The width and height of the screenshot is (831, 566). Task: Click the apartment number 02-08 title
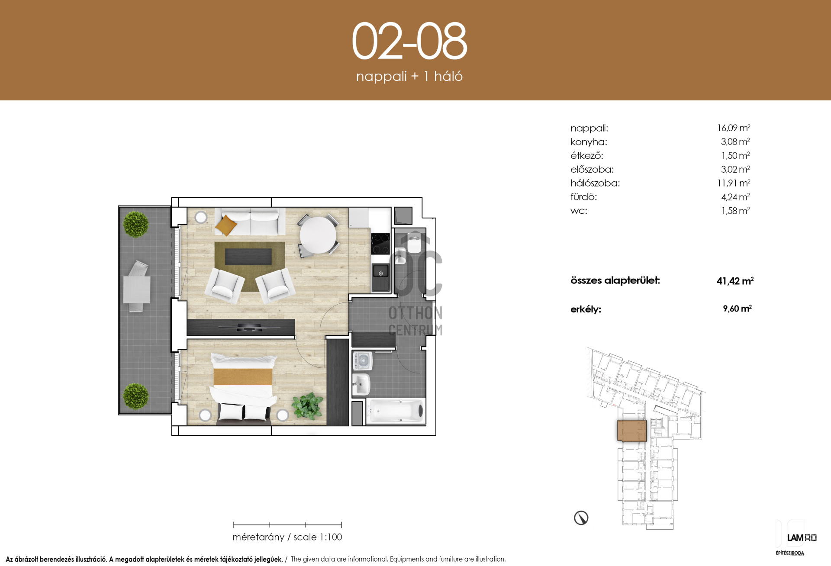(409, 42)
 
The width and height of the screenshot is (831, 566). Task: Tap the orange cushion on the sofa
(226, 225)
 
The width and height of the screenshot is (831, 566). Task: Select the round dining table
(318, 235)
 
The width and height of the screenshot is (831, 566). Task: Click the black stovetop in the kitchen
(380, 244)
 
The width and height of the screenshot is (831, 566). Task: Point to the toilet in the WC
(414, 244)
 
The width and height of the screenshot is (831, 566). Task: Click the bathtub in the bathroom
(396, 410)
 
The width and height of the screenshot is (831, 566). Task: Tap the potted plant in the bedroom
(308, 406)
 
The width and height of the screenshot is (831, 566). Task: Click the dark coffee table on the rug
(248, 256)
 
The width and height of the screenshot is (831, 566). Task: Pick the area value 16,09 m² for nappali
(734, 128)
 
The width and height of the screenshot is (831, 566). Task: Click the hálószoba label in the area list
(595, 183)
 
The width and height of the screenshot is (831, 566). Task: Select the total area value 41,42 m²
(735, 281)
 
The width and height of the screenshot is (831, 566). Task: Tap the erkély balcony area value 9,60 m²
(737, 309)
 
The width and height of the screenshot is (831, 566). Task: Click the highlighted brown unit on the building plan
(632, 431)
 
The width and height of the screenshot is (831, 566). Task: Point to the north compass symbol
(581, 518)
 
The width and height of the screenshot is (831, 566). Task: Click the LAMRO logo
(802, 538)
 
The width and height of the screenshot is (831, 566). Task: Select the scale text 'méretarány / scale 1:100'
(287, 537)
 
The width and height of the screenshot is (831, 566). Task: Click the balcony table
(137, 289)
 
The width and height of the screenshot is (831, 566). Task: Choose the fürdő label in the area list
(583, 197)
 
